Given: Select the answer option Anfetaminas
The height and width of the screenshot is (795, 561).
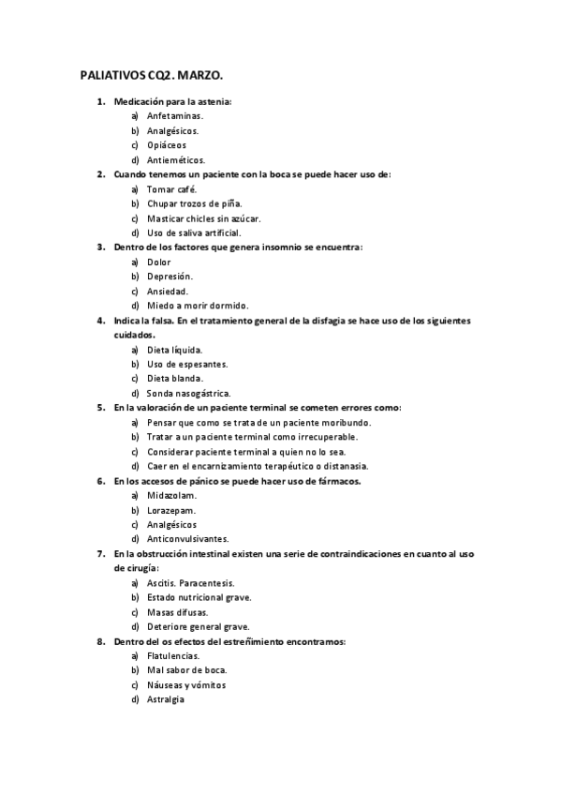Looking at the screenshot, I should click(x=175, y=115).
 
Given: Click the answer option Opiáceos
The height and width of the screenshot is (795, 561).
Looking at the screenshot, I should click(x=167, y=145).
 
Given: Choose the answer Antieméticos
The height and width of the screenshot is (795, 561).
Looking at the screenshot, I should click(x=176, y=160).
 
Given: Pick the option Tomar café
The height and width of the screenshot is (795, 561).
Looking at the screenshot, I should click(x=172, y=188).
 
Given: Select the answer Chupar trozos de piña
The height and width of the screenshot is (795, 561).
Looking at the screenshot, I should click(x=195, y=203).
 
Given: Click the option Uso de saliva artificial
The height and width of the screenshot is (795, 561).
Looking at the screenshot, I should click(x=194, y=232).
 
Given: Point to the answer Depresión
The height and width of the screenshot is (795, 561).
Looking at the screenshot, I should click(x=170, y=277).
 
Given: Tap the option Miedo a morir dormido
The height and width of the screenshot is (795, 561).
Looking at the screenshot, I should click(x=198, y=306).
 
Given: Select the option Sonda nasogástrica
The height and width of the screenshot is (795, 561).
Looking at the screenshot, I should click(x=188, y=393).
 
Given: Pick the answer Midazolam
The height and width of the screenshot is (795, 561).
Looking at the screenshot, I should click(x=171, y=495).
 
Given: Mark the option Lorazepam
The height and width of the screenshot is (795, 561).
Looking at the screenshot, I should click(x=171, y=510).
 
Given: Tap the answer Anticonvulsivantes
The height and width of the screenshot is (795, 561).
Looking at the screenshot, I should click(x=187, y=539).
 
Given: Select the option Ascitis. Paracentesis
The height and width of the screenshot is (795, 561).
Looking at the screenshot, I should click(x=190, y=583).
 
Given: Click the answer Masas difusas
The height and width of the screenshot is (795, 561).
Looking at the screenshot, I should click(x=177, y=612).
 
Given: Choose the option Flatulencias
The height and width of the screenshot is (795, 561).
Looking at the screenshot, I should click(x=173, y=656).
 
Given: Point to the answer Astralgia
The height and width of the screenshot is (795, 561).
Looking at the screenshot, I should click(x=166, y=699).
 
